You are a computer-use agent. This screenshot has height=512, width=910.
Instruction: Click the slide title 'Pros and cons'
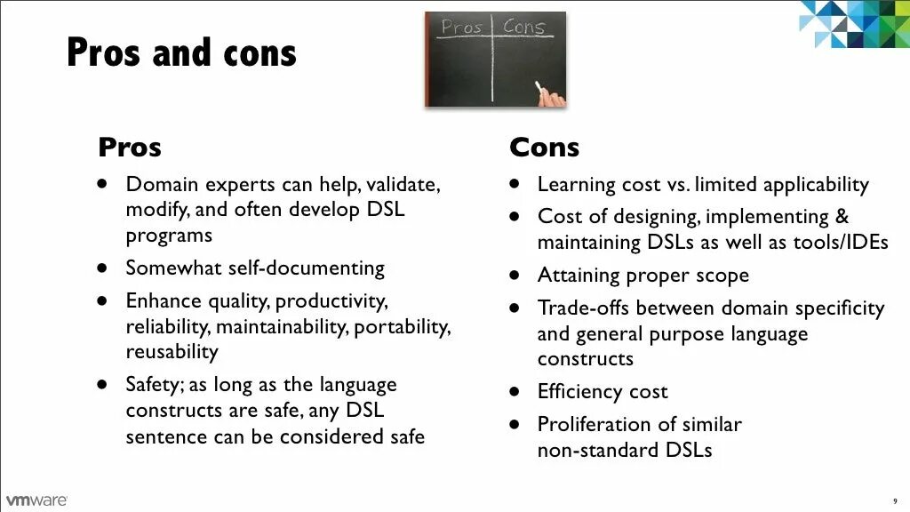click(x=181, y=52)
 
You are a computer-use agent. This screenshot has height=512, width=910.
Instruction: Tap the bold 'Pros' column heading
click(x=130, y=147)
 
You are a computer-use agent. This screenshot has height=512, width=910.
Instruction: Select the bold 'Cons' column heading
click(x=544, y=147)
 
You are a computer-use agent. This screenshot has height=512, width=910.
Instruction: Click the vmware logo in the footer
click(x=36, y=500)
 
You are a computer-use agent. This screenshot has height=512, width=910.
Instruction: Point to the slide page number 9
click(x=895, y=501)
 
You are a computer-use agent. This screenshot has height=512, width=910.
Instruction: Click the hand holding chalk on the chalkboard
click(x=551, y=94)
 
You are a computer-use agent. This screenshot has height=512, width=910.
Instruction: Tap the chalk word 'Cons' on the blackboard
click(x=523, y=27)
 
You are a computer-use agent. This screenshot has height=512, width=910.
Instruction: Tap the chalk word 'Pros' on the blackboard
click(x=461, y=28)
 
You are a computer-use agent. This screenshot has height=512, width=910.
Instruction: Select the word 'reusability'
click(x=172, y=351)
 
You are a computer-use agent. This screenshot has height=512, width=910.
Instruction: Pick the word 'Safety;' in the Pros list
click(x=155, y=385)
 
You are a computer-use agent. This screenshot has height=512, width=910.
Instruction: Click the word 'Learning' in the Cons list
click(x=575, y=185)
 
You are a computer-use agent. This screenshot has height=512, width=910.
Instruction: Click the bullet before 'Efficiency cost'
click(x=515, y=391)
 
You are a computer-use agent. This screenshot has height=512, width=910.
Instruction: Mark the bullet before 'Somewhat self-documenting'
click(x=103, y=268)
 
